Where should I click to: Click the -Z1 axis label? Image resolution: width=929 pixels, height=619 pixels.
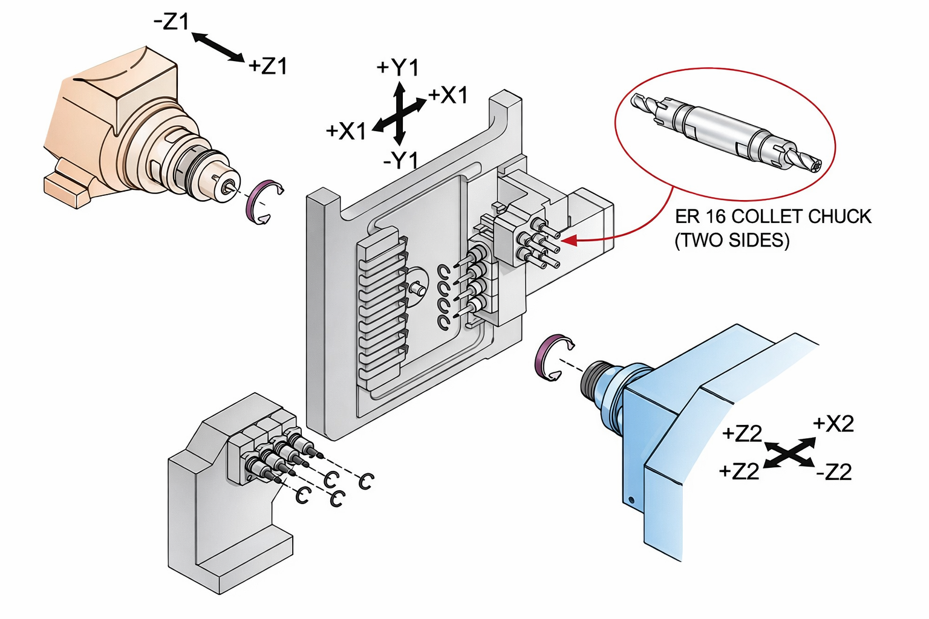coord(172,22)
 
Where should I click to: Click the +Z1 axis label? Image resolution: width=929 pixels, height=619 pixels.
coord(267,65)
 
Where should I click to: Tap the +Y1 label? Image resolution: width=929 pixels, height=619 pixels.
coord(397,68)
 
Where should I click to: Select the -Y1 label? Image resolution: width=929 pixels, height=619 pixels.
coord(401,161)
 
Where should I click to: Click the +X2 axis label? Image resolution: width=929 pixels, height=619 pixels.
coord(833,424)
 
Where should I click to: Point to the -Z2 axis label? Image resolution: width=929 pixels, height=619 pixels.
coord(834,472)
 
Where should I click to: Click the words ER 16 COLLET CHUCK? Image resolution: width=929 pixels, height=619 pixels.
coord(773,216)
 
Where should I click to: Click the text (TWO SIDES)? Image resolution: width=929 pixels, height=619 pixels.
coord(732,241)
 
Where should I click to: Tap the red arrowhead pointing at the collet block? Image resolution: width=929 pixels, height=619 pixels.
coord(568,241)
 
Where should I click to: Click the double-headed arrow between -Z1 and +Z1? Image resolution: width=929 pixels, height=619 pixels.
coord(218,47)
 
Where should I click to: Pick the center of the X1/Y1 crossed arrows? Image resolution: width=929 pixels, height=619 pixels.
coord(400,113)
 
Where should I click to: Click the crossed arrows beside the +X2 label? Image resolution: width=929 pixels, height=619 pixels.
coord(789,453)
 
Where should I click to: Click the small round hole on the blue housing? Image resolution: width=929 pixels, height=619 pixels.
coord(631,500)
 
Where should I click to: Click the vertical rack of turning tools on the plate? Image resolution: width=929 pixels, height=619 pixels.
coord(381,308)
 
